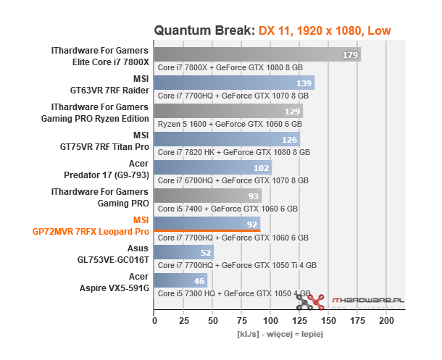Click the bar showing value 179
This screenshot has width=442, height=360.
coord(257,55)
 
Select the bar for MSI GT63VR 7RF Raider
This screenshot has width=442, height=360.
coord(234,83)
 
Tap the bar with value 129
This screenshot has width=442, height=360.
coord(228,111)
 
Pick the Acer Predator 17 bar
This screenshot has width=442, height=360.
coord(212,167)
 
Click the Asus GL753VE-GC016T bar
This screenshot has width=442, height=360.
coord(183,252)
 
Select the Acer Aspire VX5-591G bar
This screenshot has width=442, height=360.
coord(180,280)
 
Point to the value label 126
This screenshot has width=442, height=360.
coord(290,139)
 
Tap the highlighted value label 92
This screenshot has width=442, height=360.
coord(251,224)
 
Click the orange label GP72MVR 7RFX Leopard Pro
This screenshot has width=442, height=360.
coord(91,232)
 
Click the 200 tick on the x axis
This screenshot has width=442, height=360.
coord(387,319)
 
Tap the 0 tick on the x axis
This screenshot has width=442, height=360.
coord(154,319)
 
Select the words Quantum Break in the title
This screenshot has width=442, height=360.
coord(203,30)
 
